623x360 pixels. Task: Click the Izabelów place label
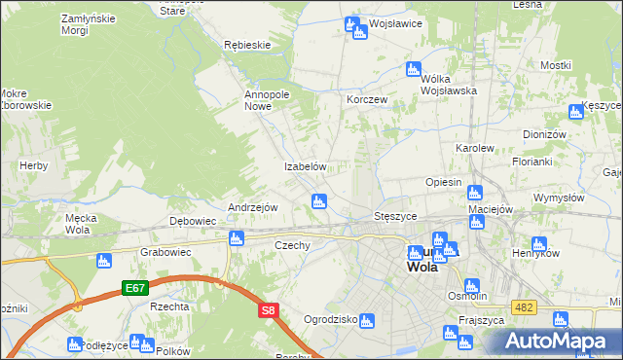304,166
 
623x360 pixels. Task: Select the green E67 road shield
134,288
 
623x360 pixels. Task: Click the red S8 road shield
269,310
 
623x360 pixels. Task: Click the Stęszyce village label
396,215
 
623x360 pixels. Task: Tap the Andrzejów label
253,207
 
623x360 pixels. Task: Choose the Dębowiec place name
193,221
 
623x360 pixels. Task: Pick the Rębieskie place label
246,45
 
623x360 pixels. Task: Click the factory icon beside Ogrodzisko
366,319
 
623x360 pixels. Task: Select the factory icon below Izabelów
317,201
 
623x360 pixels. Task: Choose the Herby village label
33,166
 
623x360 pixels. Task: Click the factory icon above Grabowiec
103,261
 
